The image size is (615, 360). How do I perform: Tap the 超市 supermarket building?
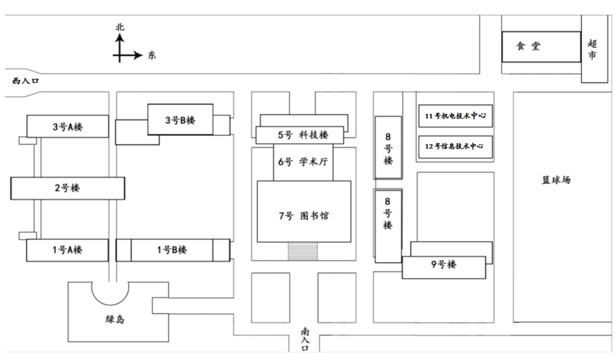coord(594,49)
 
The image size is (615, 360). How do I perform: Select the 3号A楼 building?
coord(68,127)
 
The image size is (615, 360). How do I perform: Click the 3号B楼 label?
coord(180,120)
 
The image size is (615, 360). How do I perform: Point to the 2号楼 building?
coord(67,188)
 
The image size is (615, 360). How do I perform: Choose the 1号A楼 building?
coord(67,250)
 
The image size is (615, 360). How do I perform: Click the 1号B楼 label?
coord(172,250)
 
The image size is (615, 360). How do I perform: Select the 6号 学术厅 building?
coord(303,162)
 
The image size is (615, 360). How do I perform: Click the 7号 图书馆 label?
coord(304,216)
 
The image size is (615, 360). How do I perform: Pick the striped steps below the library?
coord(303,251)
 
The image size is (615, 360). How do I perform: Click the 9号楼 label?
coord(444,265)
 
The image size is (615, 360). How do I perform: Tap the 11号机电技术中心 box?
coord(455,116)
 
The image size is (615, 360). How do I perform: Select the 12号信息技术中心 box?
coord(455,146)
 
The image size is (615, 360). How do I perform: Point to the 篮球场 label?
coord(556,180)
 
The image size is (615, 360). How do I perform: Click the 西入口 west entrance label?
coord(25,81)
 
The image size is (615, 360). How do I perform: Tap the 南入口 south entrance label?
coord(305,340)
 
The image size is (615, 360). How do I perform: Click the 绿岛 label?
coord(115,319)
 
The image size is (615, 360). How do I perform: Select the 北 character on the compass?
coord(120,27)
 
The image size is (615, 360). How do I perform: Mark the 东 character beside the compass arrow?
coord(152,56)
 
